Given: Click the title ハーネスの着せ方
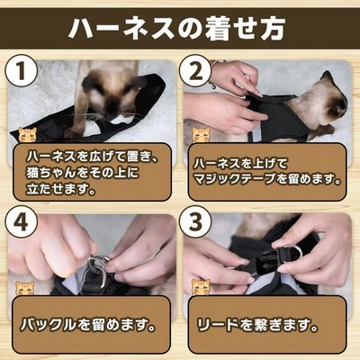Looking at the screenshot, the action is click(x=176, y=29).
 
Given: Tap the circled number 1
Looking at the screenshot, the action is click(x=22, y=71).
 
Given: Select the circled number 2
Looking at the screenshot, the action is click(x=195, y=71).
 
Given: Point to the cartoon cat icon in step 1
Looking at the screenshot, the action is click(x=27, y=135).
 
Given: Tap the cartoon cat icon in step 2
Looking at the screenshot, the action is click(x=202, y=135).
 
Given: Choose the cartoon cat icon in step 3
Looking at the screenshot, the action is click(x=202, y=287).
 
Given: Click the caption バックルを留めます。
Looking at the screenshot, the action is click(x=88, y=326).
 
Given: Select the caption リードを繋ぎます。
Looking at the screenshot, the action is click(x=257, y=326).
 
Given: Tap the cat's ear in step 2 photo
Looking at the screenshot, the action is click(x=326, y=76).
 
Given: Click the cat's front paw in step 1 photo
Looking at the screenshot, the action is click(x=73, y=132).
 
